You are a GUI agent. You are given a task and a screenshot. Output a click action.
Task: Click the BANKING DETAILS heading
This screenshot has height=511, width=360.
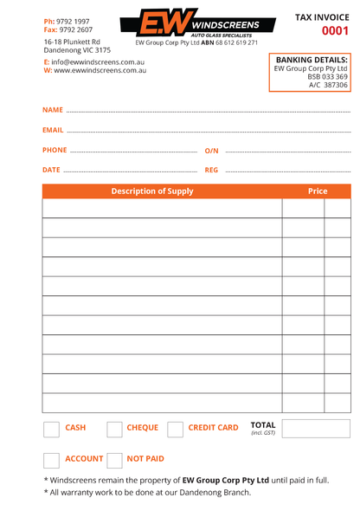pyautogui.click(x=312, y=60)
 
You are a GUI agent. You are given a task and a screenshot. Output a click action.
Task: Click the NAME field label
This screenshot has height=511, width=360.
pyautogui.click(x=52, y=111)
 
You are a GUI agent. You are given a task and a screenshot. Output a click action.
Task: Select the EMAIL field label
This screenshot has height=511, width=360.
pyautogui.click(x=53, y=130)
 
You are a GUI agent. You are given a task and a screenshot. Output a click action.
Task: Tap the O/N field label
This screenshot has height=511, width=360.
pyautogui.click(x=212, y=151)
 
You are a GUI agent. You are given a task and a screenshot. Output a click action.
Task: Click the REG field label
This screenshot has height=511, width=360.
pyautogui.click(x=211, y=170)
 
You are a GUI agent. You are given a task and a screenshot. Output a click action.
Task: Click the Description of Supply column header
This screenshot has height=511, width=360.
pyautogui.click(x=152, y=191)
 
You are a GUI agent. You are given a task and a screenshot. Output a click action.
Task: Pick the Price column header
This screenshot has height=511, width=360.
pyautogui.click(x=318, y=191)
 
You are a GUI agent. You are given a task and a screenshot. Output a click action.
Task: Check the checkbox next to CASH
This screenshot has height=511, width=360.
pyautogui.click(x=51, y=429)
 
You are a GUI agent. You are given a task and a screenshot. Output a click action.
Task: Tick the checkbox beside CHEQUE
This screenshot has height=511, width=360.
pyautogui.click(x=114, y=429)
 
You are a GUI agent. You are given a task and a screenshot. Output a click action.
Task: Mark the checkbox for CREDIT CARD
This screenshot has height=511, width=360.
pyautogui.click(x=175, y=429)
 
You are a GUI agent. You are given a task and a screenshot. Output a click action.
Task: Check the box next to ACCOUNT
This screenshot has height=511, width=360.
pyautogui.click(x=51, y=460)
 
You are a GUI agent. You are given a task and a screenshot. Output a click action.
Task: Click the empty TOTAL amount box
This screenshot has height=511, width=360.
pyautogui.click(x=316, y=429)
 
